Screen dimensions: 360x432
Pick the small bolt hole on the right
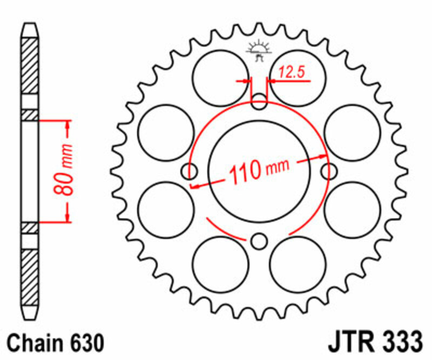pyautogui.click(x=328, y=171)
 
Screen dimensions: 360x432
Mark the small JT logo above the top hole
pyautogui.click(x=259, y=51)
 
